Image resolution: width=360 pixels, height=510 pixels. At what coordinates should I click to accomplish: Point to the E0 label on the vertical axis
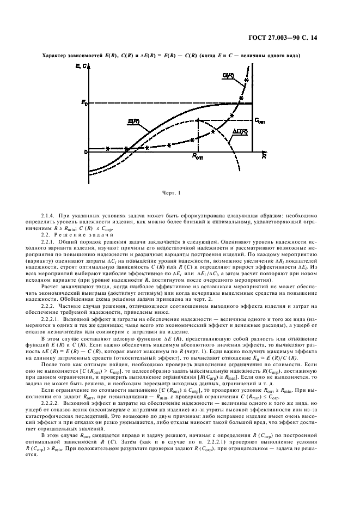[x=85, y=102]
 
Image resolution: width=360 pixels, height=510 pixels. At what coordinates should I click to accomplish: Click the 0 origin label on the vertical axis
[x=86, y=151]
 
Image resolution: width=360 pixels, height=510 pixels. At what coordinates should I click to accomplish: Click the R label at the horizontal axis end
[x=263, y=156]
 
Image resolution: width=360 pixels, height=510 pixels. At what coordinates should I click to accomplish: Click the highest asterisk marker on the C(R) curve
[x=247, y=81]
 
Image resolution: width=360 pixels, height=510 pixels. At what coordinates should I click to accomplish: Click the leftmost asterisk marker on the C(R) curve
[x=108, y=148]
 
